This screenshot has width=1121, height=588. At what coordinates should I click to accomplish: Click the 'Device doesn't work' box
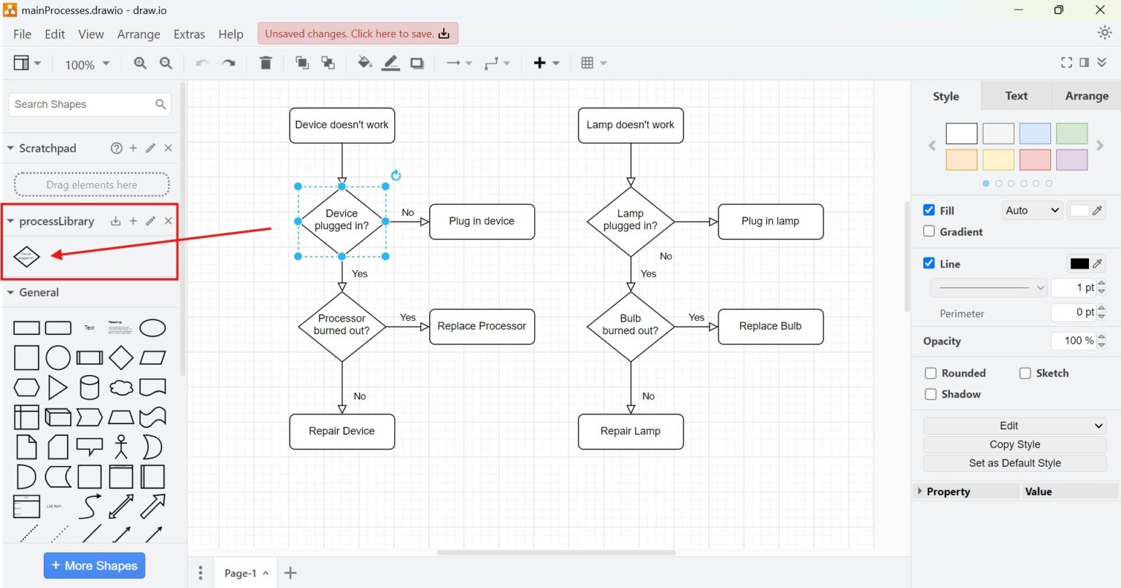[x=342, y=125]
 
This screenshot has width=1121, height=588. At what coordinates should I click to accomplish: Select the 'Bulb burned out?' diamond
[x=630, y=325]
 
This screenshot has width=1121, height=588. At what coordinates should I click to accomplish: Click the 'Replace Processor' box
[x=482, y=326]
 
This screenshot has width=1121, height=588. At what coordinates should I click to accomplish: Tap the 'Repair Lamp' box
[x=630, y=431]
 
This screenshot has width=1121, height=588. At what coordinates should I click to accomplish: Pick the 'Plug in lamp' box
[x=770, y=221]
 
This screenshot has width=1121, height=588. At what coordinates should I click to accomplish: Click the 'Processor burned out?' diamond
[x=342, y=325]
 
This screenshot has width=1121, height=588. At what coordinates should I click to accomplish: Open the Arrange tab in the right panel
[x=1086, y=96]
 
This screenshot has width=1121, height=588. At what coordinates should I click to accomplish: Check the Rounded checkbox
[x=931, y=374]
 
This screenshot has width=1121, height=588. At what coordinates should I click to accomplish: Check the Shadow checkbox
[x=931, y=395]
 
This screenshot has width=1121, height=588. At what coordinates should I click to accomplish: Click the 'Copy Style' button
[x=1014, y=444]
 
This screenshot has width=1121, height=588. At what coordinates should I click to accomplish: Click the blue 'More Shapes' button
[x=95, y=565]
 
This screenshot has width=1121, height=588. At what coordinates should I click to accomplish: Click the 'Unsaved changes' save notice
[x=358, y=34]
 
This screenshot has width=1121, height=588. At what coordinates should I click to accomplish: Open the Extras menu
[x=189, y=34]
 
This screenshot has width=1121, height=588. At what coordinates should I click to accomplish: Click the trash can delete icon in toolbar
[x=266, y=63]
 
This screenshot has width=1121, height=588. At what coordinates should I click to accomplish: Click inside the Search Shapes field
[x=82, y=104]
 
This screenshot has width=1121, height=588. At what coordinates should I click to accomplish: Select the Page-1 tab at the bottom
[x=240, y=573]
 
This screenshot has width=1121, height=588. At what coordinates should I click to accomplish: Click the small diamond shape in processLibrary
[x=26, y=256]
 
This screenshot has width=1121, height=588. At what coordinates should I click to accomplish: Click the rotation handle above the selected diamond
[x=396, y=175]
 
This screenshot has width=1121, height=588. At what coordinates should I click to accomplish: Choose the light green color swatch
[x=1071, y=134]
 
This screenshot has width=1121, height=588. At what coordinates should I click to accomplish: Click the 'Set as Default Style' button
[x=1014, y=463]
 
